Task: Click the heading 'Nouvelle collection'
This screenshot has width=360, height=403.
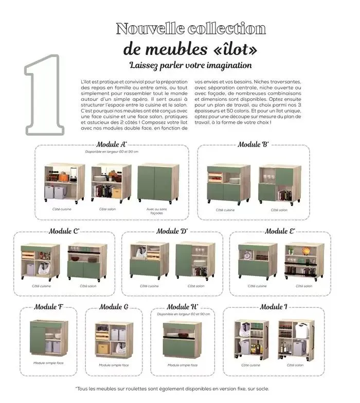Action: tap(191, 28)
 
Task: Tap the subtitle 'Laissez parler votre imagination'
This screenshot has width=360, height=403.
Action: tap(191, 66)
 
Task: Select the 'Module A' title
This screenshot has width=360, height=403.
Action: tap(112, 144)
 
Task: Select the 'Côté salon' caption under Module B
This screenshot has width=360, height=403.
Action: tap(279, 210)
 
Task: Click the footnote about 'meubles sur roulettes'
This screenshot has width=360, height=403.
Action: tap(172, 389)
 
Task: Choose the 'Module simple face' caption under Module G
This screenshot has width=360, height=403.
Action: tap(114, 365)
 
